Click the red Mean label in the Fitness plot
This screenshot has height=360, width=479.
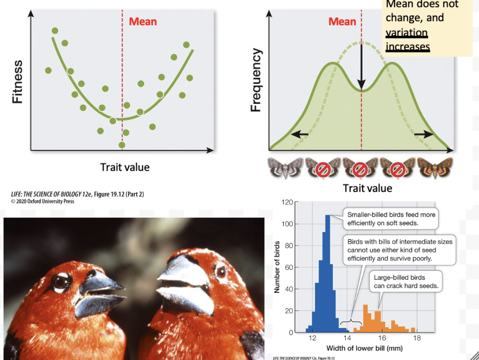[x=142, y=21]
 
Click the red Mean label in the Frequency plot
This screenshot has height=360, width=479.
[x=342, y=21]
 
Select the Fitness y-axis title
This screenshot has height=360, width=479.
[x=17, y=82]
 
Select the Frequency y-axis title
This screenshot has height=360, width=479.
[x=256, y=81]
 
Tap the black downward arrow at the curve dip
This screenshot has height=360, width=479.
[x=361, y=70]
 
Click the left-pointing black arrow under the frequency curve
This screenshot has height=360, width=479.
[x=299, y=135]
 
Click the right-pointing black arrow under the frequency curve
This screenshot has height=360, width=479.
[x=423, y=135]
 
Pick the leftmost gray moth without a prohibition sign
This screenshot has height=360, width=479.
[x=285, y=168]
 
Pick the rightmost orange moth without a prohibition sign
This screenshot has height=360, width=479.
[x=434, y=168]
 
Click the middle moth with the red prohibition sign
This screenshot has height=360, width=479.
[x=360, y=168]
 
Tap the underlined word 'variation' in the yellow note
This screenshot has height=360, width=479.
[x=407, y=33]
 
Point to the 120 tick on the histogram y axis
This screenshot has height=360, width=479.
[x=287, y=202]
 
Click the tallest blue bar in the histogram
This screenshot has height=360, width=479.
[x=327, y=274]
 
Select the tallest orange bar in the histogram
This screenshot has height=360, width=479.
[x=365, y=318]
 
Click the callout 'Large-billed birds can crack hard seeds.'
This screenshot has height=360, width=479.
[x=406, y=282]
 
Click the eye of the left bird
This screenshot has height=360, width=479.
[x=60, y=282]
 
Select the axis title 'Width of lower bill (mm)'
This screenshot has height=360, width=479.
[x=364, y=348]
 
